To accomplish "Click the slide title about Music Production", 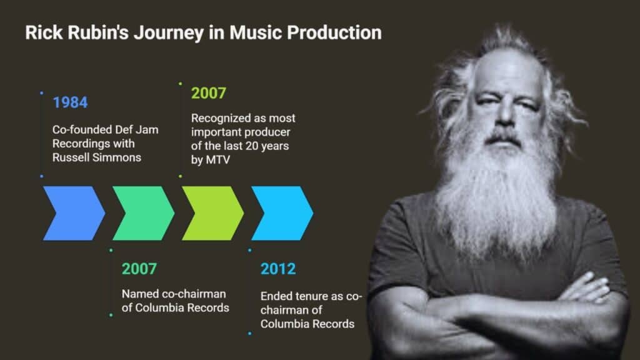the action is (x=203, y=32).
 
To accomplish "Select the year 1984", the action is (x=70, y=102).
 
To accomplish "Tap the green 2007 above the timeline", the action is (x=209, y=93).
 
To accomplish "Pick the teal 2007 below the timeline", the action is (x=139, y=269).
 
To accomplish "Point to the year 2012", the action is (x=278, y=269).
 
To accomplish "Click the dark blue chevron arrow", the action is (x=74, y=213).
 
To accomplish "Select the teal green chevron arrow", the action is (x=143, y=213).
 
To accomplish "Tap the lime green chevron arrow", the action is (x=212, y=213).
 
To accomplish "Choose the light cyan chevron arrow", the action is (x=282, y=213).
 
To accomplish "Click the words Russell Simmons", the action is (x=97, y=157).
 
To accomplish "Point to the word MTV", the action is (x=218, y=159).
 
